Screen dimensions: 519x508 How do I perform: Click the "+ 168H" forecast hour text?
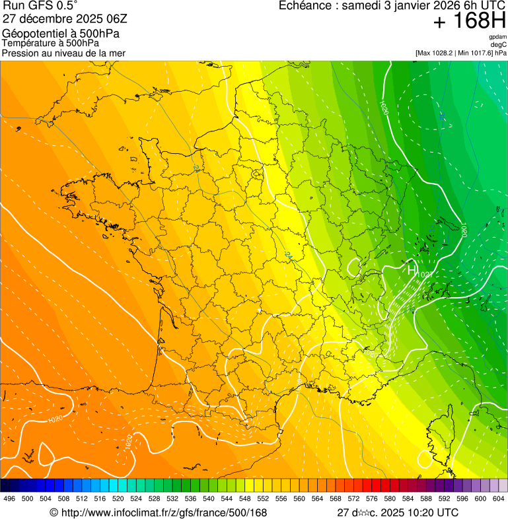coord(469,21)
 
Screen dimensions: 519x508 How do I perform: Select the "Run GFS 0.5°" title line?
coord(41,7)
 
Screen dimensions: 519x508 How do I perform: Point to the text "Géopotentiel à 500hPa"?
coord(61,34)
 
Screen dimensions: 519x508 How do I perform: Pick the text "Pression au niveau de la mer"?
coord(63,53)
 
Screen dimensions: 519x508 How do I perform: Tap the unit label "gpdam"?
coord(497,37)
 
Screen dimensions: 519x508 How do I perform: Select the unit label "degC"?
coord(499,44)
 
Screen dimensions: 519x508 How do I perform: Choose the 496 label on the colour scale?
coord(9,499)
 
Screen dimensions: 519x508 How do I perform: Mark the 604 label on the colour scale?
coord(499,499)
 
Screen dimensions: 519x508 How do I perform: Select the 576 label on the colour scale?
coord(371,499)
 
